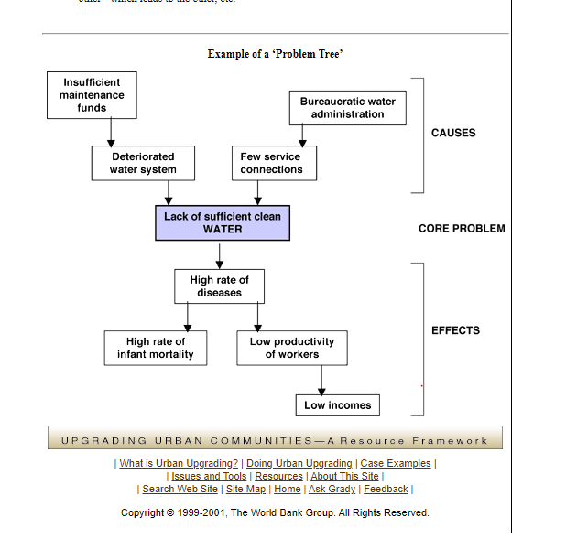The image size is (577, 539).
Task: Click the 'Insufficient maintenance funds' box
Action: click(x=92, y=95)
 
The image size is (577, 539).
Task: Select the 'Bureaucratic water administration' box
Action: click(x=347, y=108)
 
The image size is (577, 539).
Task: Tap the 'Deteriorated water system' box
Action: click(x=143, y=163)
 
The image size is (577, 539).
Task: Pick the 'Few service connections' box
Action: click(x=272, y=163)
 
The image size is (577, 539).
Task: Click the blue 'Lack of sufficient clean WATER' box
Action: click(x=223, y=222)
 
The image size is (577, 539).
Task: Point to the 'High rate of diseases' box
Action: click(x=219, y=286)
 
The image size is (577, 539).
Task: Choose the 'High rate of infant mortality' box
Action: click(x=155, y=348)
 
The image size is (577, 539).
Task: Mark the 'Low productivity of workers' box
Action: click(x=292, y=348)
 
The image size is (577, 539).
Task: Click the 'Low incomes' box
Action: click(x=337, y=405)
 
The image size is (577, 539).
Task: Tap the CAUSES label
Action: click(x=453, y=133)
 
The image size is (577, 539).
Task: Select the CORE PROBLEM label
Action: click(x=462, y=229)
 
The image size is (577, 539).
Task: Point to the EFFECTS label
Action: click(x=455, y=330)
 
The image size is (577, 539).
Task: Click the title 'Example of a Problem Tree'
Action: click(x=275, y=55)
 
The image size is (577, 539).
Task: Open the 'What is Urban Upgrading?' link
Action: click(x=179, y=464)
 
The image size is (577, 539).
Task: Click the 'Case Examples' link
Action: click(x=396, y=464)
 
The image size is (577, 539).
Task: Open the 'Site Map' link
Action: click(x=245, y=490)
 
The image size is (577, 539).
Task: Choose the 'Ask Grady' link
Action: click(x=332, y=490)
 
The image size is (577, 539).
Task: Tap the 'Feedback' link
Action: click(x=386, y=490)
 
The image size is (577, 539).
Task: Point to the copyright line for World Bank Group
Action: click(x=275, y=512)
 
